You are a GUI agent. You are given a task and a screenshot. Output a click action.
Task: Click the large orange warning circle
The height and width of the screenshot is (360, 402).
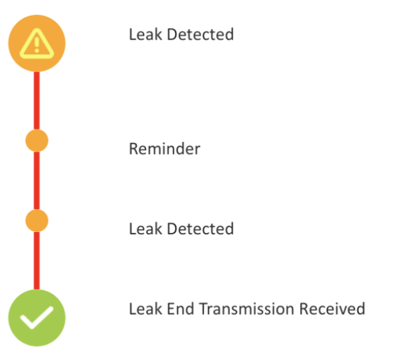pos(37,43)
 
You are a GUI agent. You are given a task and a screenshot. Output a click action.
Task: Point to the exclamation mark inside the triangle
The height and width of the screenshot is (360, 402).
pos(37,45)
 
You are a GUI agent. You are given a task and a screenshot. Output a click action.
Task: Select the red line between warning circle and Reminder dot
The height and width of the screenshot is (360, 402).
pos(37,100)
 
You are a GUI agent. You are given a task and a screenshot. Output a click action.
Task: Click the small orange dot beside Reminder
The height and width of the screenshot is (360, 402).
pos(37,141)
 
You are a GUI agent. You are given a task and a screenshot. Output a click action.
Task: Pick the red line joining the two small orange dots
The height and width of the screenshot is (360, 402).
pos(37,181)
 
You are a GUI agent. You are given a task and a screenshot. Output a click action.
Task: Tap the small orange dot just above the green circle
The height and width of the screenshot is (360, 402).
pos(37,221)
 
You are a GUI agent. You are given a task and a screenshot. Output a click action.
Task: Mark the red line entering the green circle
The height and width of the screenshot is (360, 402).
pos(37,260)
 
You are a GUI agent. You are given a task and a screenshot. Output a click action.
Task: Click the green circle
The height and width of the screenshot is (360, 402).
pos(37,318)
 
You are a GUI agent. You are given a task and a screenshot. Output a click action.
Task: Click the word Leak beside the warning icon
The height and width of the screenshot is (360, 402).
pos(145,34)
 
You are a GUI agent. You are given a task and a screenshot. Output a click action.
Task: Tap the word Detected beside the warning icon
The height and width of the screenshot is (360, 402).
pos(200,34)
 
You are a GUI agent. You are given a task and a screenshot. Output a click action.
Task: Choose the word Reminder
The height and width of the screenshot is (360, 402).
pos(165,149)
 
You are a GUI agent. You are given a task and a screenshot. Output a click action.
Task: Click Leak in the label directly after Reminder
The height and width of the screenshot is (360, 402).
pos(145,228)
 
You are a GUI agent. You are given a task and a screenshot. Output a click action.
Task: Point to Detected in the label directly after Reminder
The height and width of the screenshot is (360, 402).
pos(200,228)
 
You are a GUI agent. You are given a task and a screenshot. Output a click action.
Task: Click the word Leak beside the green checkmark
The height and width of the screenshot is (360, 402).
pos(145,309)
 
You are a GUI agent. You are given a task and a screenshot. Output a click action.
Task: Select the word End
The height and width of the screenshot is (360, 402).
pos(180,309)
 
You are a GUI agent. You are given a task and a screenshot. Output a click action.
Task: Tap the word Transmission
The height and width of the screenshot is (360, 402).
pos(246,309)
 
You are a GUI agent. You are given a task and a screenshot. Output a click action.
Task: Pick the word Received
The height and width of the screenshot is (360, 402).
pos(332,309)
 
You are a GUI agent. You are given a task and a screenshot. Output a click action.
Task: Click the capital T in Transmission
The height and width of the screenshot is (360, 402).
pos(203,309)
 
